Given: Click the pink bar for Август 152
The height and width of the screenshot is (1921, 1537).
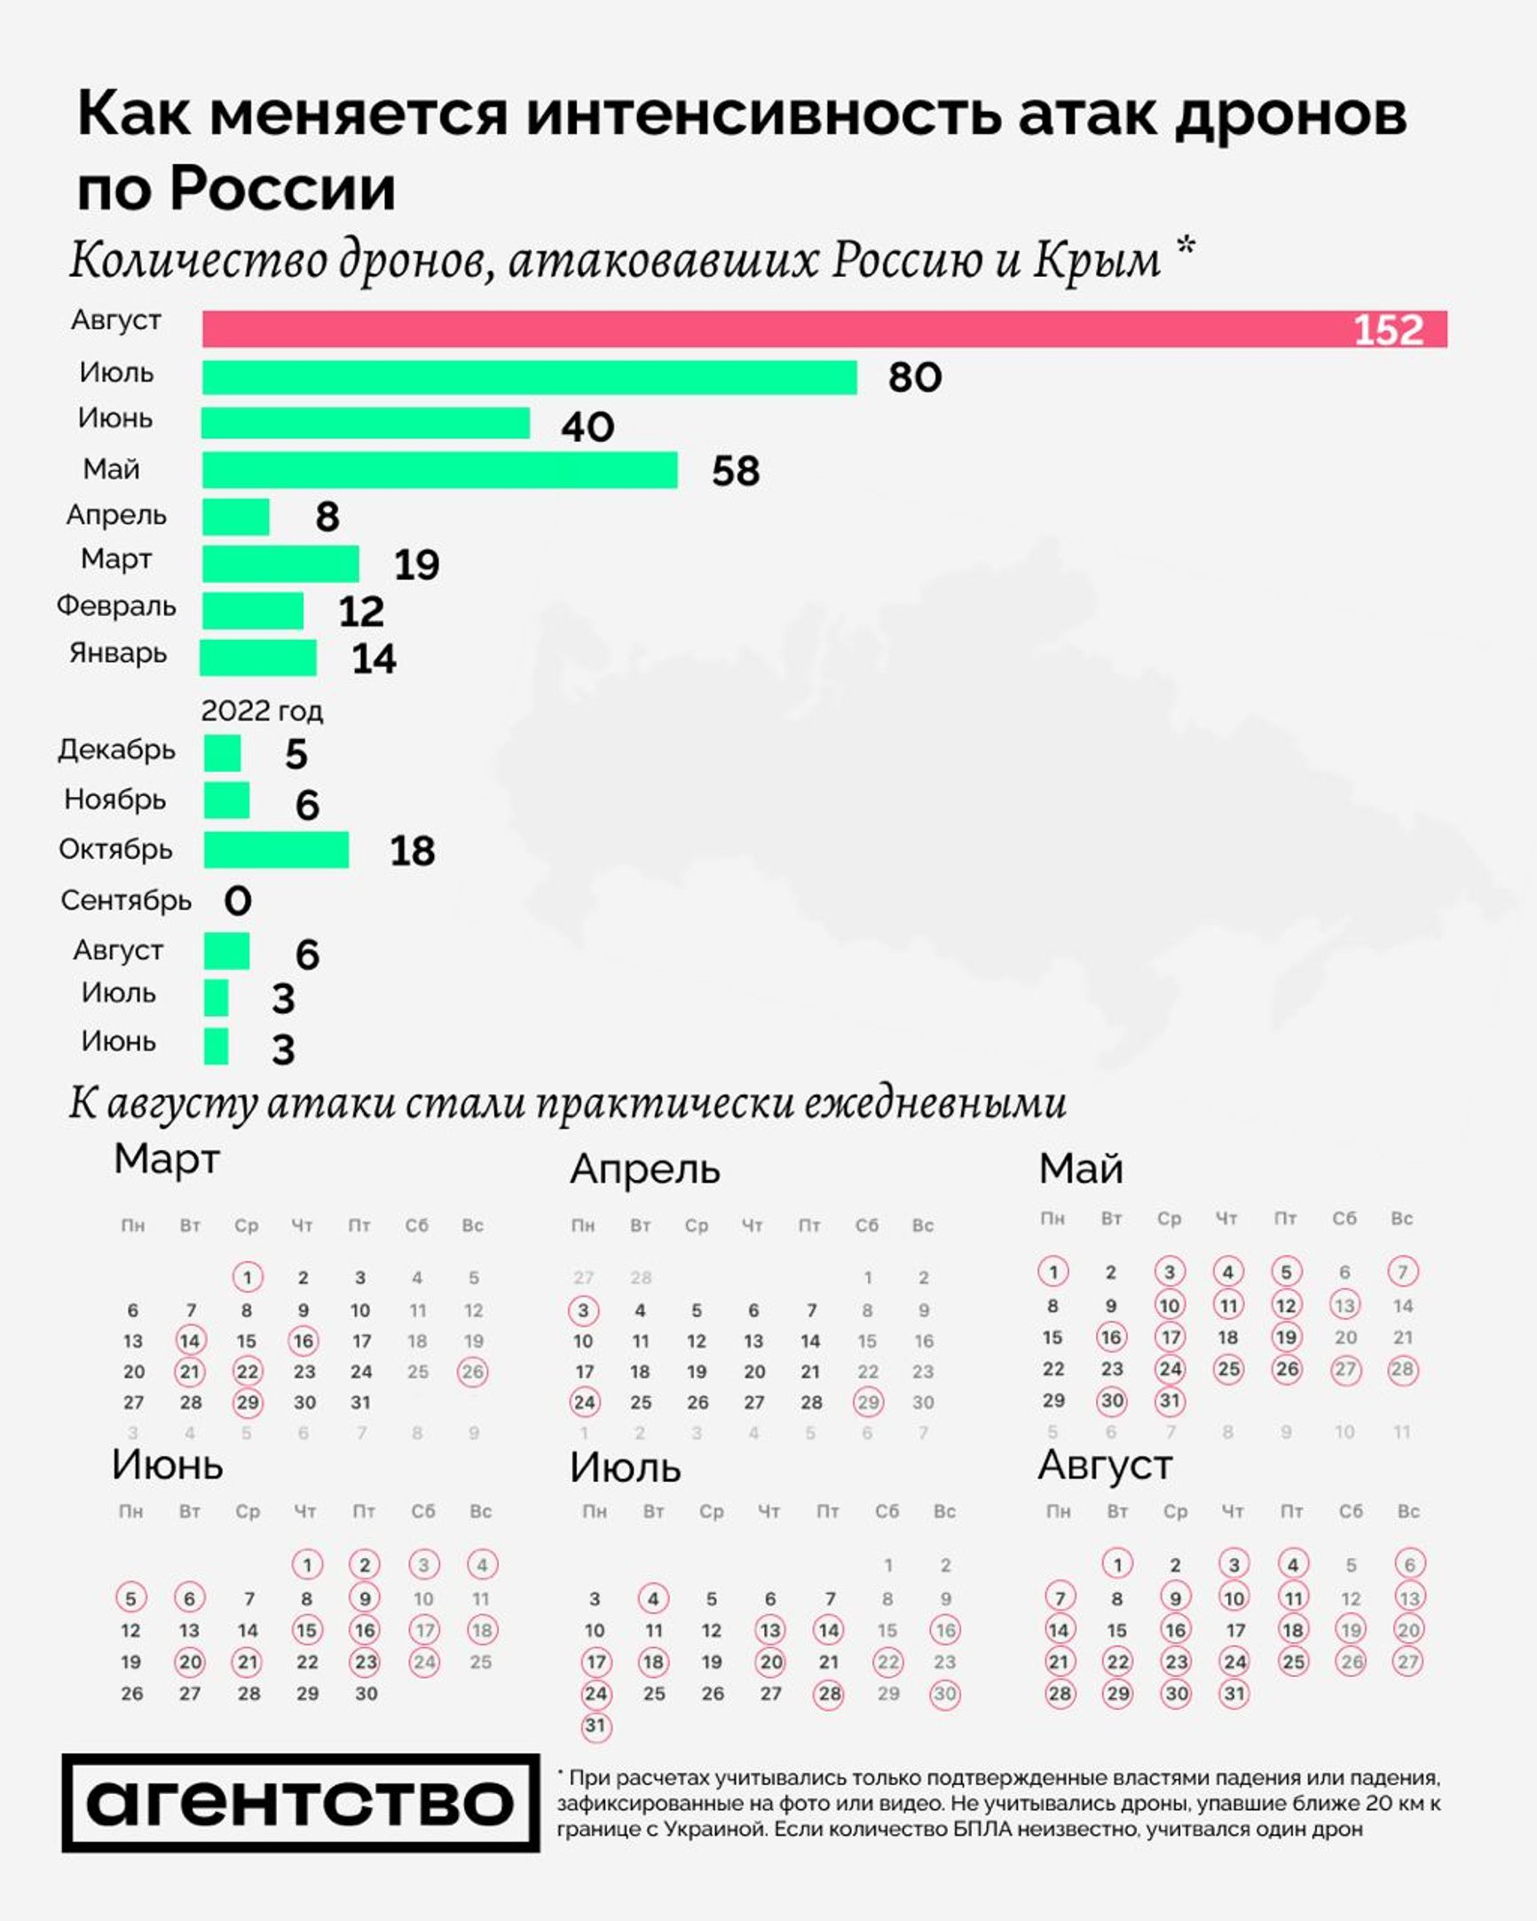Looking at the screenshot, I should point(824,329).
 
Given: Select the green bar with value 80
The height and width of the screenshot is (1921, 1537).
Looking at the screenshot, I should point(529,377).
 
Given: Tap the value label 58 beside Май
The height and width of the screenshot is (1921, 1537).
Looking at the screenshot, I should point(735,471).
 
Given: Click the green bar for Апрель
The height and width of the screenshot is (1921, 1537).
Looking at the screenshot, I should point(235,516).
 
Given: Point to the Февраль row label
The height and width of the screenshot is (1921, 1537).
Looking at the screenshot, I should point(116,607).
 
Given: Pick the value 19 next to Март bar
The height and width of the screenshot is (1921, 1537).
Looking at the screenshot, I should point(416,565).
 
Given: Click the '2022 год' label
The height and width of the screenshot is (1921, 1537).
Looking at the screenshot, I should point(261,711).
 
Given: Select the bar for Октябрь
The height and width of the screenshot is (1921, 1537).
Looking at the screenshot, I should point(276,850).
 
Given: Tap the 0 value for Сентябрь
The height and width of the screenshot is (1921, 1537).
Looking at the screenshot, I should point(237,901).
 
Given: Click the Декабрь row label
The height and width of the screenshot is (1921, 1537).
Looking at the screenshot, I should point(116,751).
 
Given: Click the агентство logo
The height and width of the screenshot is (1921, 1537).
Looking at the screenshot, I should point(300,1802).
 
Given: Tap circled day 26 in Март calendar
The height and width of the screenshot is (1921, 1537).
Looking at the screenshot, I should point(473,1372).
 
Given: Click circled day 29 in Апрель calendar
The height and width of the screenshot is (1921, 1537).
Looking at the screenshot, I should point(868,1403).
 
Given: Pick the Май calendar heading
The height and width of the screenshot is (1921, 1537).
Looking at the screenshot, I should point(1080,1168).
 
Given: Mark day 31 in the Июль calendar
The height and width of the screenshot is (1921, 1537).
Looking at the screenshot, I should point(595,1727).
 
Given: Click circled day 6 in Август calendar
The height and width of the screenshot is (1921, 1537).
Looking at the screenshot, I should point(1408,1564).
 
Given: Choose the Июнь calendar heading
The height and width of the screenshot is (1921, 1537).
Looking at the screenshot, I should point(167,1465).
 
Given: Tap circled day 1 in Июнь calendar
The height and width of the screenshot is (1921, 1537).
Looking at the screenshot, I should point(306,1564).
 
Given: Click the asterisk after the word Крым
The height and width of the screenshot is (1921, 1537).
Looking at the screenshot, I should point(1184,247).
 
